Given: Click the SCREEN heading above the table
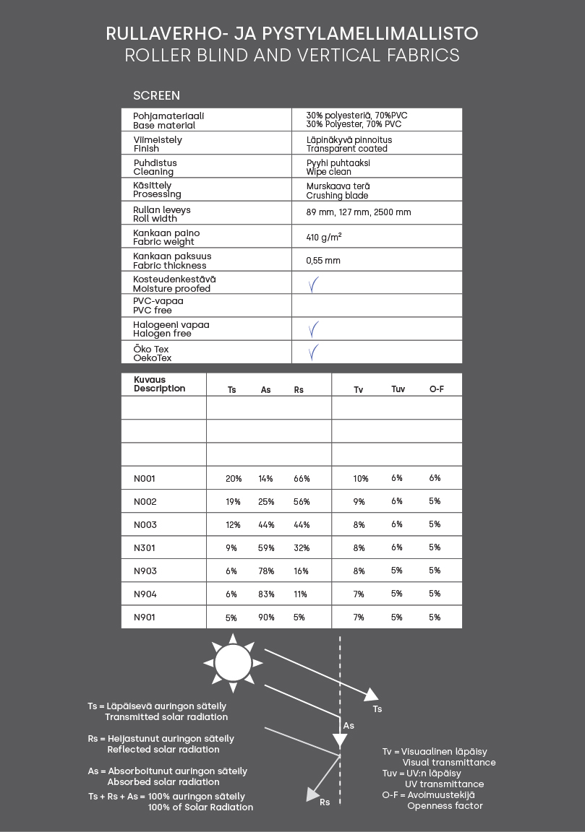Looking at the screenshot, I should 156,95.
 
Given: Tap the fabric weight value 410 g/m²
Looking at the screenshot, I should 324,236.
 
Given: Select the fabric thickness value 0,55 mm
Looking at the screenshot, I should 323,260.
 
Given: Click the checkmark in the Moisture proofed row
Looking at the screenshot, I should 313,284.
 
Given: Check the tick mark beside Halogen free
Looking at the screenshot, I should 313,329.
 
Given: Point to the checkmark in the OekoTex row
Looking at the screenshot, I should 313,352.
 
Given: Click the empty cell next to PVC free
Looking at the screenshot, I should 376,305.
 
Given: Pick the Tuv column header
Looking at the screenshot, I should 398,389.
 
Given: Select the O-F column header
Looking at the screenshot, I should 436,389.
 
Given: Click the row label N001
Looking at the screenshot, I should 145,478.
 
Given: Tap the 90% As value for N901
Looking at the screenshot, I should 266,617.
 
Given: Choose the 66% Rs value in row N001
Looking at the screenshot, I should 302,479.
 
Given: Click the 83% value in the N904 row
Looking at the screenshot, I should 266,594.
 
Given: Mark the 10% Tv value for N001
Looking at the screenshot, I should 361,479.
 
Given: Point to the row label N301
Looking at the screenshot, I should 145,548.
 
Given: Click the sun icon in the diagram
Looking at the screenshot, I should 233,662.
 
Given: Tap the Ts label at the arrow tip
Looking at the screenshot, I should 377,709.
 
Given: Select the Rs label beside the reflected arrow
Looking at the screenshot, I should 325,802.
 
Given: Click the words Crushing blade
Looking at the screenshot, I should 337,196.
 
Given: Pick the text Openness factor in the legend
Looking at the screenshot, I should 445,805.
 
